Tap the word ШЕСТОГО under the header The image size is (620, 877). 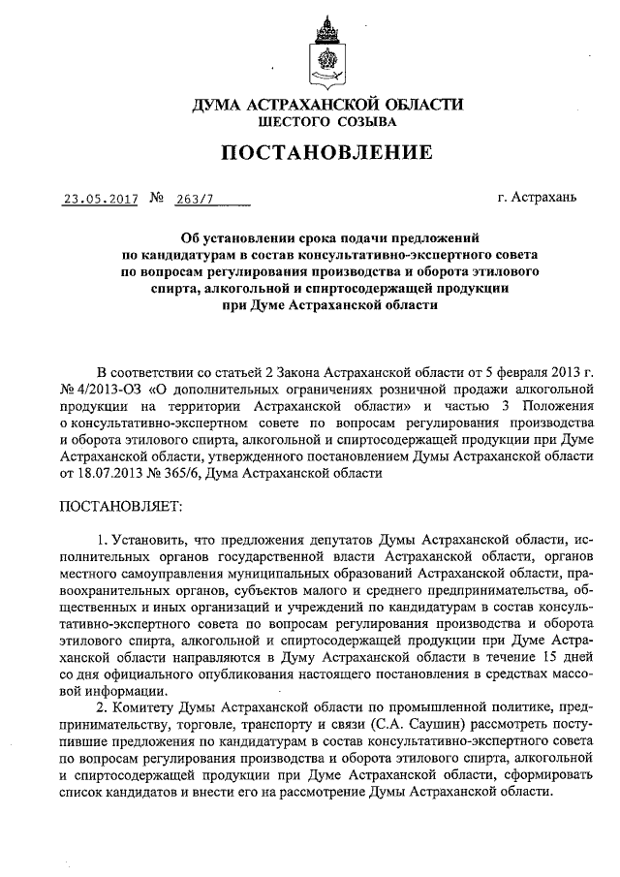click(x=288, y=123)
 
